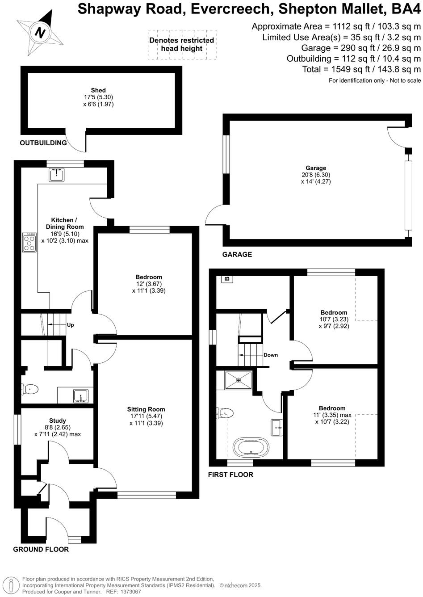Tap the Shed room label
tap(98, 91)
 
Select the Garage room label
tap(316, 168)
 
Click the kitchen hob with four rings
tap(30, 243)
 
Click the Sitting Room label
tap(146, 409)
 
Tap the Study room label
tap(58, 420)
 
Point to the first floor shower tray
tap(239, 380)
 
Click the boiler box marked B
tap(227, 279)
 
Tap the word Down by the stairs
tap(271, 355)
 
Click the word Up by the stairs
tap(70, 325)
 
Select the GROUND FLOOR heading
tap(41, 549)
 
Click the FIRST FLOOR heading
tap(230, 475)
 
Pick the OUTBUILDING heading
tap(43, 143)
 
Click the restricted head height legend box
tap(182, 44)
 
